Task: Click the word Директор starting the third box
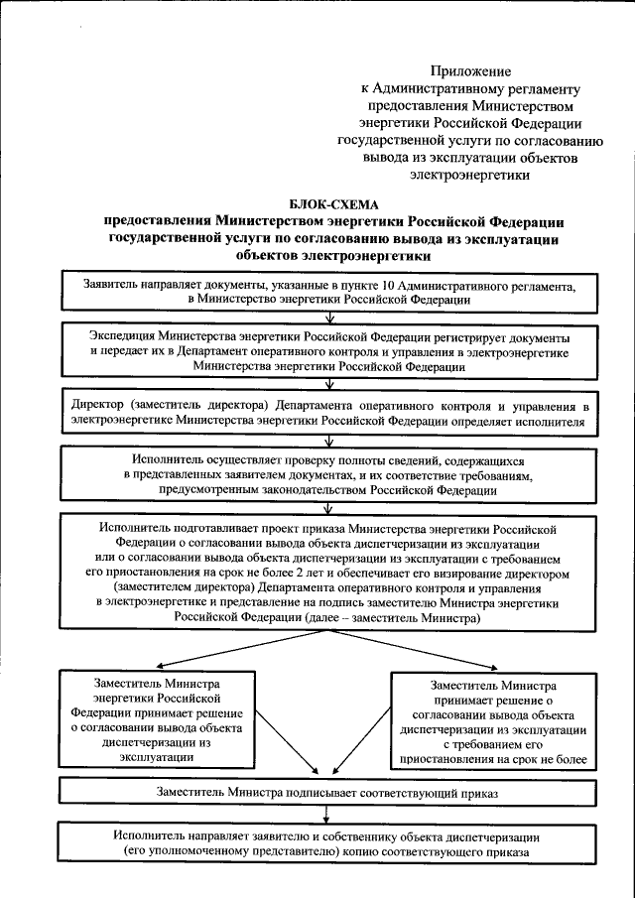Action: [99, 407]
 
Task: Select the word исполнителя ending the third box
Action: [556, 422]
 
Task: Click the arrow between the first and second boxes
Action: [340, 316]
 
